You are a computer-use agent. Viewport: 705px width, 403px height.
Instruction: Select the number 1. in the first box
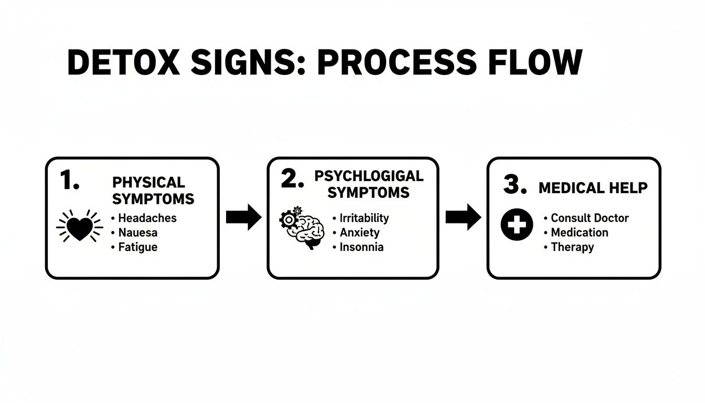[70, 181]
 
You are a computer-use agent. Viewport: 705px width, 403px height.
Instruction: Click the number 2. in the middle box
[292, 179]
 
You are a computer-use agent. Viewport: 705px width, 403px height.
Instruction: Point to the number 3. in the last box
[515, 185]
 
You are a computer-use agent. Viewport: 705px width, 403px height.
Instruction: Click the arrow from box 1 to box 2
[243, 217]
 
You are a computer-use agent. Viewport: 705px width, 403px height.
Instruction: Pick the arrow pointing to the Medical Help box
[463, 217]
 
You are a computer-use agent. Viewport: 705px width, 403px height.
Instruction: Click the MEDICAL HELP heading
[593, 188]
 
